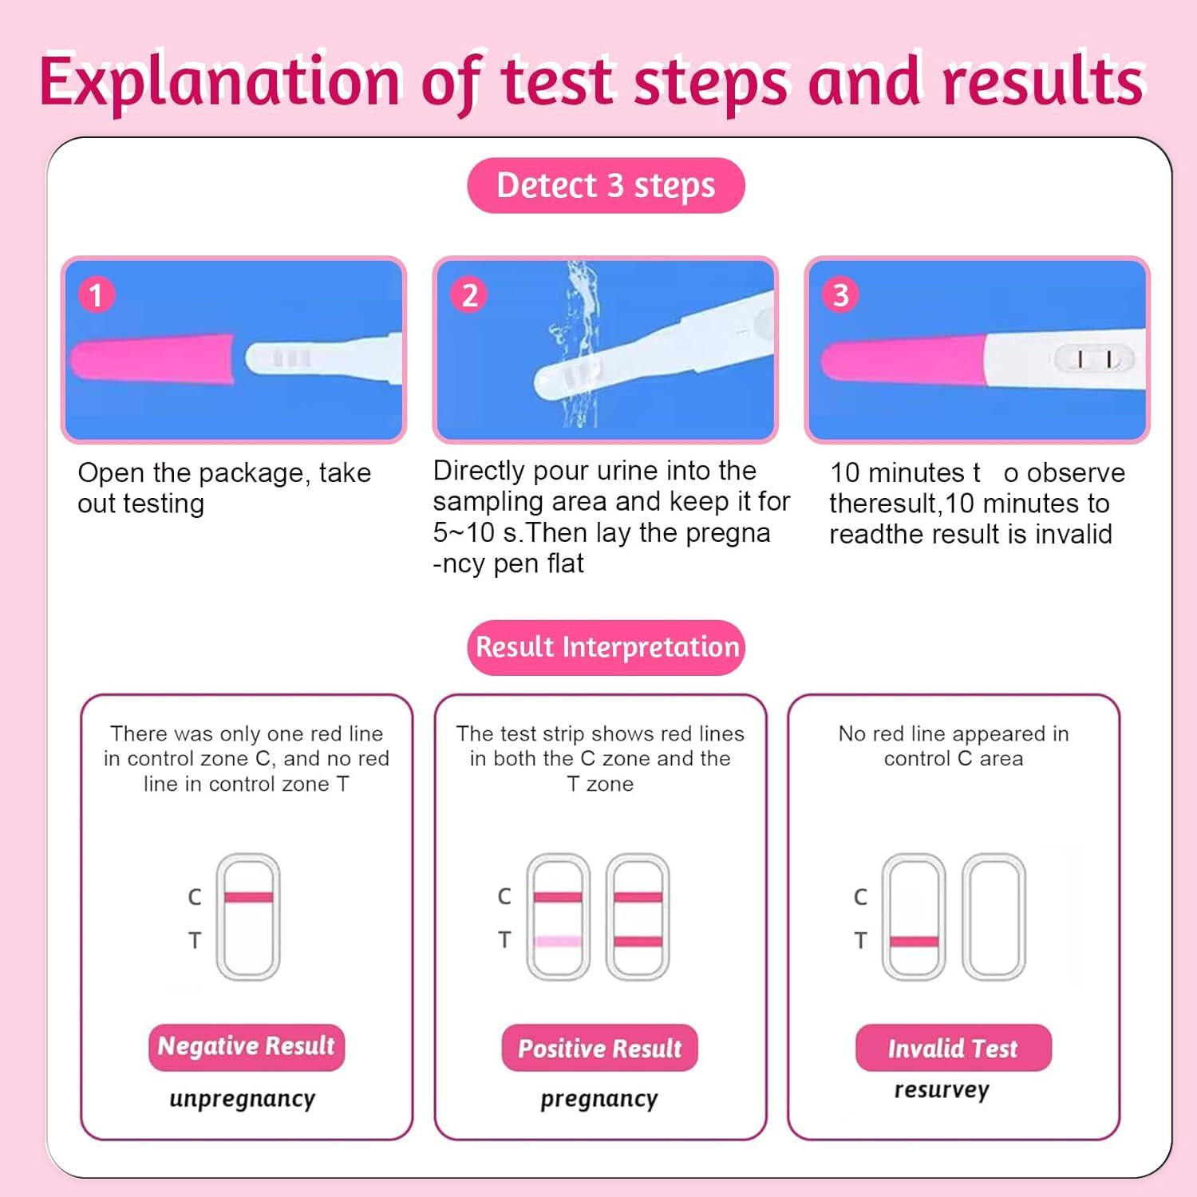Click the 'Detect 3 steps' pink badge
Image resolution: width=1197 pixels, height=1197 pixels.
point(606,185)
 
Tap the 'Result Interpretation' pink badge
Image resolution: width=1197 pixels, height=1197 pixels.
point(606,647)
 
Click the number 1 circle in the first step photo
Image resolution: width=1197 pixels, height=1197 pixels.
point(97,295)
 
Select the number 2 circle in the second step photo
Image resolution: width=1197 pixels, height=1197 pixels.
point(469,295)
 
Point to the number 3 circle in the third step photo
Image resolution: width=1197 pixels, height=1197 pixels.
point(840,295)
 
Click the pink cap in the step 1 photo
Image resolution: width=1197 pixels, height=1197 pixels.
point(152,359)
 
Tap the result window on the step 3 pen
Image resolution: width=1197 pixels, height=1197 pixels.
point(1093,359)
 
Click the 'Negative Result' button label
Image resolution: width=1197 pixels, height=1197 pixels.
point(246,1047)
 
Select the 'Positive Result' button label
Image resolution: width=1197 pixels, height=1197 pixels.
point(599,1049)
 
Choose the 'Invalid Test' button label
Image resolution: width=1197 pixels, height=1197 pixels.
point(953,1049)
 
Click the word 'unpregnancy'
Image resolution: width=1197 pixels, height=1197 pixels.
point(243,1100)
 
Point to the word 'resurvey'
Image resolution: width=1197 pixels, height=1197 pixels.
point(942,1090)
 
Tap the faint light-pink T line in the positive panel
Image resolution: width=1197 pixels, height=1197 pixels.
point(558,942)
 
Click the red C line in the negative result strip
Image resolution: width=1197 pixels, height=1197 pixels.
point(248,898)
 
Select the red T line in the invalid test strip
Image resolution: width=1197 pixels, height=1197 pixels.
point(914,942)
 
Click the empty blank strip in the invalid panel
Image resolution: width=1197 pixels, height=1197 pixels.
point(994,918)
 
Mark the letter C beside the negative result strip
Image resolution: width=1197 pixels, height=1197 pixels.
point(195,898)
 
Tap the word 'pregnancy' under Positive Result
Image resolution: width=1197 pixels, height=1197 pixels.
point(599,1100)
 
